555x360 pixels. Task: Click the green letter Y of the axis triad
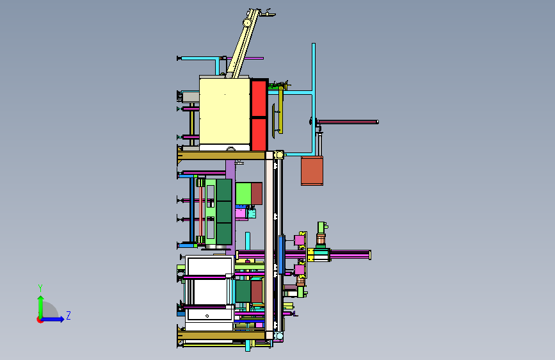[40, 288]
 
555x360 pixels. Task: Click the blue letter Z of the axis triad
[68, 315]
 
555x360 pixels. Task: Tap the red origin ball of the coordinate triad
[40, 320]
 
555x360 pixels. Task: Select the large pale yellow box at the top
[225, 111]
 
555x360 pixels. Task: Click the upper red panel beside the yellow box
[259, 98]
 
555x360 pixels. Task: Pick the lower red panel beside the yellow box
[259, 135]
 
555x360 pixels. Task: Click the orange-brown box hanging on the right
[312, 171]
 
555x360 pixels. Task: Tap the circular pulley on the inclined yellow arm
[246, 22]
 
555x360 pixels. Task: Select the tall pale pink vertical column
[269, 245]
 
